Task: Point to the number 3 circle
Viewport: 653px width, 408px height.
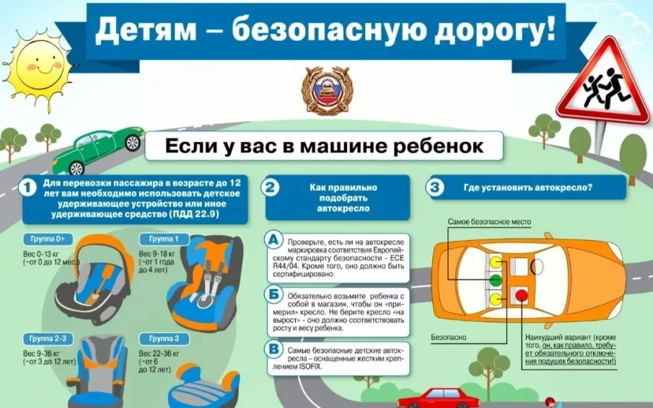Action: (435, 188)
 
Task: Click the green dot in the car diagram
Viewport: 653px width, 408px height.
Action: (496, 279)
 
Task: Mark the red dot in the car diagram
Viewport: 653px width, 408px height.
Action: (520, 296)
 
